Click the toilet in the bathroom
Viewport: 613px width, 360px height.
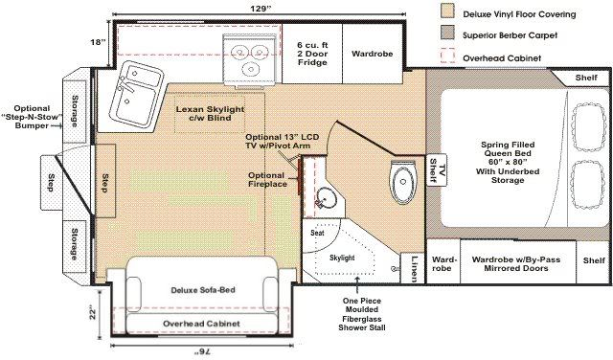tap(403, 182)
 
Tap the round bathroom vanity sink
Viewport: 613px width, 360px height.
tap(327, 197)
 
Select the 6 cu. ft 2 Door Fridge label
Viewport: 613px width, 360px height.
tap(312, 54)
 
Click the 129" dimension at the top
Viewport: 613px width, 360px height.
tap(260, 9)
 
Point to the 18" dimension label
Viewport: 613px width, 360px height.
tap(98, 42)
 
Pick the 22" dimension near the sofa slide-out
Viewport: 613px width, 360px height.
tap(92, 312)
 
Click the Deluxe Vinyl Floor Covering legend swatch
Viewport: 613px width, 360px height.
tap(447, 11)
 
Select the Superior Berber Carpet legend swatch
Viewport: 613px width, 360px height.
tap(447, 33)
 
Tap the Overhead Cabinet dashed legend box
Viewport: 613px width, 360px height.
tap(447, 56)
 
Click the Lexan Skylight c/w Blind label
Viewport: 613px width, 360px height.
tap(210, 113)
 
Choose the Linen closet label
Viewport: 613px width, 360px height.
tap(415, 268)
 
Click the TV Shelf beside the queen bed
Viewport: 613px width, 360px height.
tap(437, 170)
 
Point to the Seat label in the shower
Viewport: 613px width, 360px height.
tap(317, 233)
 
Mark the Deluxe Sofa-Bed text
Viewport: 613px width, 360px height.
tap(203, 290)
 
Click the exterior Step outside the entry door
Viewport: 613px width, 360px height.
tap(51, 183)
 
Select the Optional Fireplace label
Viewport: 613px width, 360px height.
tap(267, 179)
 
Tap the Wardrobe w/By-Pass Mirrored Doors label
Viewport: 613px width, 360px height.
tap(516, 264)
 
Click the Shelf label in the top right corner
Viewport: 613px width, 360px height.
tap(586, 78)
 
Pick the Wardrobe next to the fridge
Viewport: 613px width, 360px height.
tap(372, 54)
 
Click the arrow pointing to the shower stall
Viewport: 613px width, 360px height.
tap(357, 285)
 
